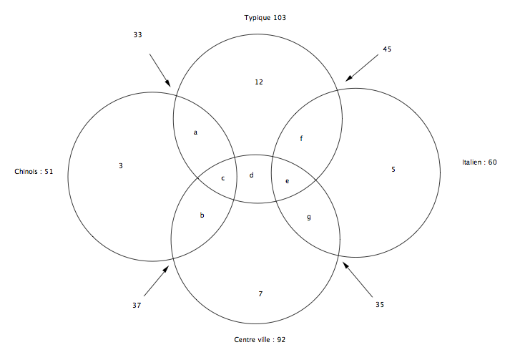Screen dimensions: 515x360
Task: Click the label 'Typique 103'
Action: pos(265,18)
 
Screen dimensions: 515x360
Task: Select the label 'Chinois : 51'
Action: pos(34,171)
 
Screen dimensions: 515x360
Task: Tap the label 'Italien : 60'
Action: pos(479,162)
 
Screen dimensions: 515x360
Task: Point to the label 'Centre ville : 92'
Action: pos(260,340)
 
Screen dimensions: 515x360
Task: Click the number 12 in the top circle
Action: pos(259,82)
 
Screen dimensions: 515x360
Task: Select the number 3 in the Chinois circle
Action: pos(121,166)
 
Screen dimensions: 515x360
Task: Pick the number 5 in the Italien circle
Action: pos(393,170)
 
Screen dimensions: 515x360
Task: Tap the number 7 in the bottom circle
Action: pos(260,293)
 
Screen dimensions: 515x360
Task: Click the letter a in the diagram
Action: pos(195,132)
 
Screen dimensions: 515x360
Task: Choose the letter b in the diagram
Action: pos(202,215)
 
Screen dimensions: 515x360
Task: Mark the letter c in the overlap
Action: pos(223,178)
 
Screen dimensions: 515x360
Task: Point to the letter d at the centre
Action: pos(251,175)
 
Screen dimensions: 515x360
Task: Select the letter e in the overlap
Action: pos(287,181)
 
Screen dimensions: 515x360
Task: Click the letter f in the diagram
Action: pos(301,138)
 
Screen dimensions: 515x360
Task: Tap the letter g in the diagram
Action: pos(309,218)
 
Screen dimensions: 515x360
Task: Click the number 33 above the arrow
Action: pos(137,35)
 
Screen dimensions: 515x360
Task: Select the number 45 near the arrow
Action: pos(387,49)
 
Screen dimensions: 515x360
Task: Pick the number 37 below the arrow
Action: pos(137,306)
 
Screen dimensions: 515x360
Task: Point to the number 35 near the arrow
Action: pos(380,305)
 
